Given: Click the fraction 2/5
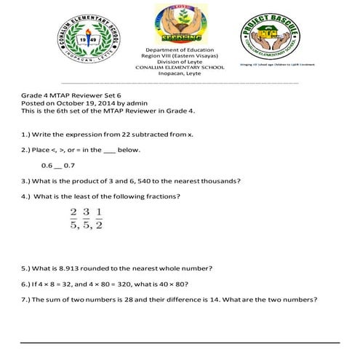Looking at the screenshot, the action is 73,217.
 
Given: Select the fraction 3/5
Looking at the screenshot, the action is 86,217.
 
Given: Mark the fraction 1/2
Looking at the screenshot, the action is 99,217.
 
